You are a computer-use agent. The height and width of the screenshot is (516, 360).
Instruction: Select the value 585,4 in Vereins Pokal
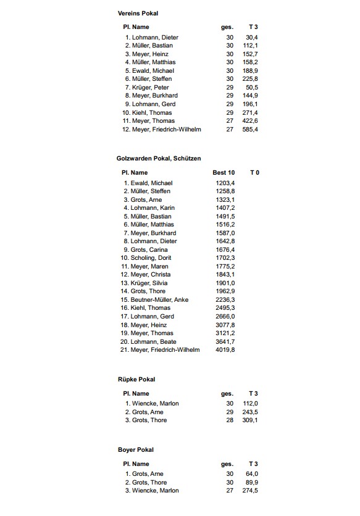(250, 129)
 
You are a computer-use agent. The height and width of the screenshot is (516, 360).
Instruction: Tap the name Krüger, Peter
(150, 88)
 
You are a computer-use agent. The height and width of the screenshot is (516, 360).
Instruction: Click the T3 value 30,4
(252, 38)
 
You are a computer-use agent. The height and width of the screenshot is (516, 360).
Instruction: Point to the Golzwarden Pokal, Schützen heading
(159, 159)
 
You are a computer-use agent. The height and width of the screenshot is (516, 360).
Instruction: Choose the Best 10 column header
(224, 172)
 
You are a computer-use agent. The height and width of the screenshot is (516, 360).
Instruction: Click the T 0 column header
(254, 172)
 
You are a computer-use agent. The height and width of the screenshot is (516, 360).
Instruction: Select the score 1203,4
(224, 183)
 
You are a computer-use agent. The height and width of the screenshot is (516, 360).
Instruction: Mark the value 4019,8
(224, 350)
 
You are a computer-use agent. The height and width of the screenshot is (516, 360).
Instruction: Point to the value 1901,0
(224, 283)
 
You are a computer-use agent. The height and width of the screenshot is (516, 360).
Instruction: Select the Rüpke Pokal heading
(136, 379)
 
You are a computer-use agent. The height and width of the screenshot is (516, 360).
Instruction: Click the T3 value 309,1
(250, 420)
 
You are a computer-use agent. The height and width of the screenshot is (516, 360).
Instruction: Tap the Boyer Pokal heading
(136, 450)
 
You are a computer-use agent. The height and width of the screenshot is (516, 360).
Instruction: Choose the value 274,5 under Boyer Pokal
(250, 491)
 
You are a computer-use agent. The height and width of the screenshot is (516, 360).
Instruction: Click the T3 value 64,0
(252, 474)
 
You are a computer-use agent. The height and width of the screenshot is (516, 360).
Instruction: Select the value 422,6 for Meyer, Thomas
(250, 121)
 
